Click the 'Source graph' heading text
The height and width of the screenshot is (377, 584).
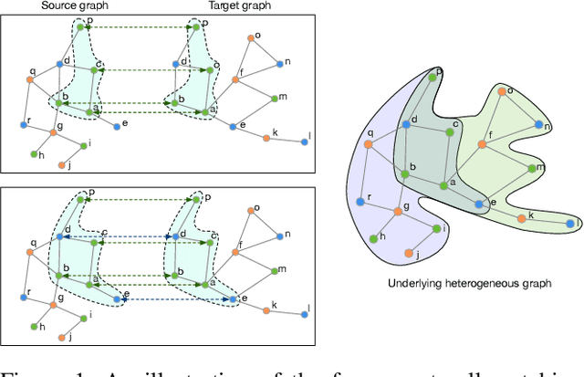pyautogui.click(x=68, y=5)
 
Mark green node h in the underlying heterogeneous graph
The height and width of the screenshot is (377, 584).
pyautogui.click(x=374, y=236)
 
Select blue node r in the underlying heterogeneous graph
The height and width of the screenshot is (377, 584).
pyautogui.click(x=362, y=201)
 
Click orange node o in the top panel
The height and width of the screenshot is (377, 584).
pyautogui.click(x=248, y=38)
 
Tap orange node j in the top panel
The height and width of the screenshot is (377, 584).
pyautogui.click(x=63, y=165)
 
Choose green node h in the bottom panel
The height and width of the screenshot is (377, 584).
pyautogui.click(x=34, y=326)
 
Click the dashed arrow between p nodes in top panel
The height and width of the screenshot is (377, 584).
pyautogui.click(x=137, y=27)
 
